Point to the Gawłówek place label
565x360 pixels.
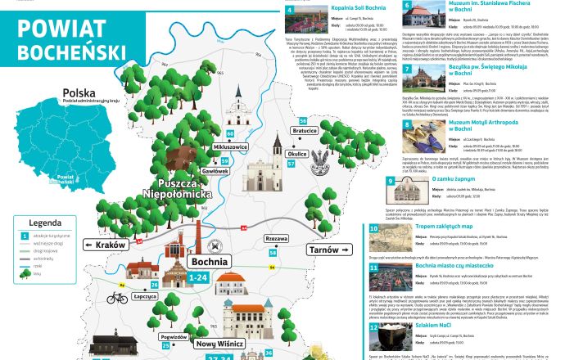tap(216, 172)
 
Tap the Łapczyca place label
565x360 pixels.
tap(144, 297)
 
